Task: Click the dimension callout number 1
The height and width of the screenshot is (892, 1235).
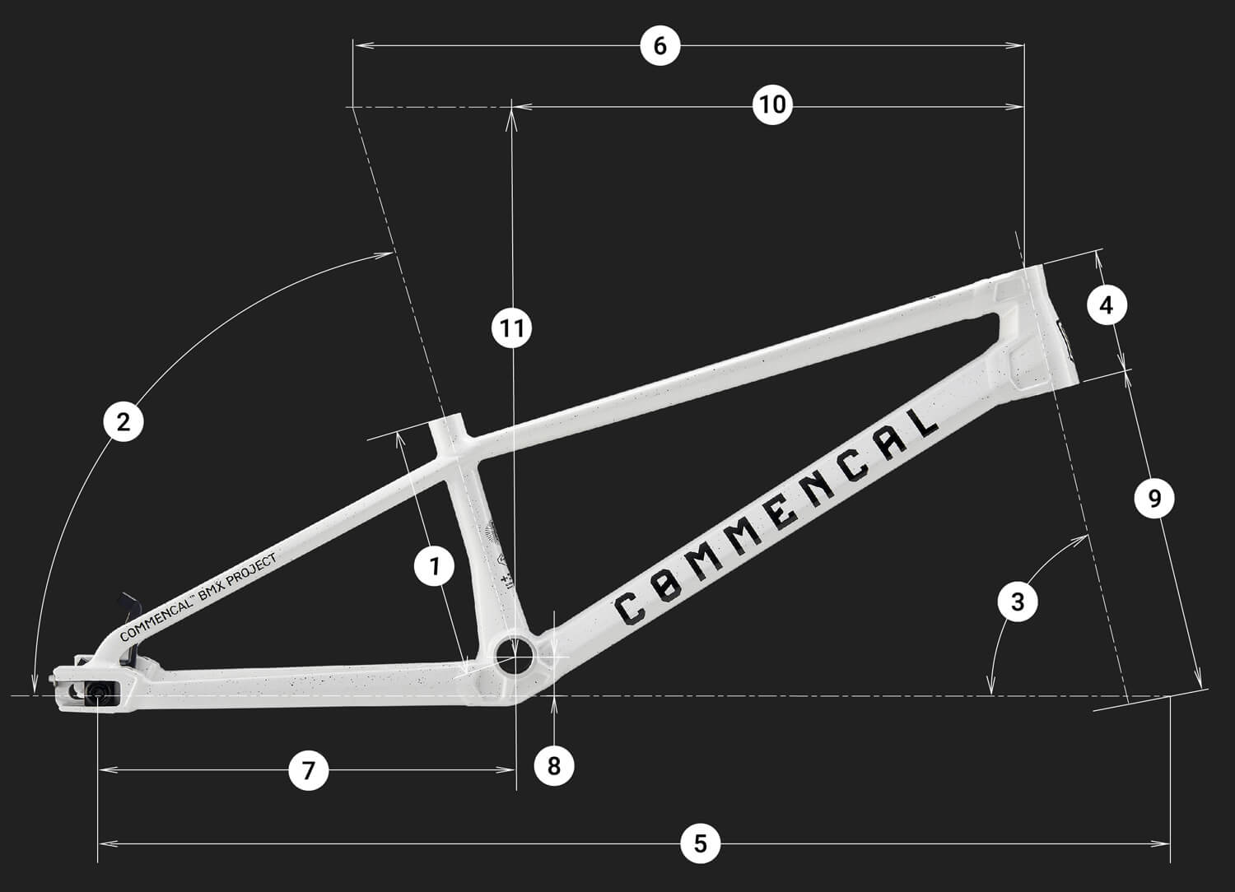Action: coord(435,567)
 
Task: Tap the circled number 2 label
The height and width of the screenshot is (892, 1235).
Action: coord(123,423)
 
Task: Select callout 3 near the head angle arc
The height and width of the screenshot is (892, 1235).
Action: coord(1018,601)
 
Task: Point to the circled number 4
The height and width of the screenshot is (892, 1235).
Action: coord(1107,305)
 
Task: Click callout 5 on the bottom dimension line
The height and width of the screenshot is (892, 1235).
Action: coord(700,843)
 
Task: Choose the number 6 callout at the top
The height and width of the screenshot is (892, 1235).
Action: coord(659,45)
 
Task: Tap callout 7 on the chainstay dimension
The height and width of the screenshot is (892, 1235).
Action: coord(309,770)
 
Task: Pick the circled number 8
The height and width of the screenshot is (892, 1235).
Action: coord(553,766)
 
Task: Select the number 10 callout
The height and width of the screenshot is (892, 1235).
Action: coord(772,105)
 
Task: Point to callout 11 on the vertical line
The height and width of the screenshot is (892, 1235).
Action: coord(511,329)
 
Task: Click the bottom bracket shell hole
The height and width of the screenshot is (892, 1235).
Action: coord(515,654)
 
